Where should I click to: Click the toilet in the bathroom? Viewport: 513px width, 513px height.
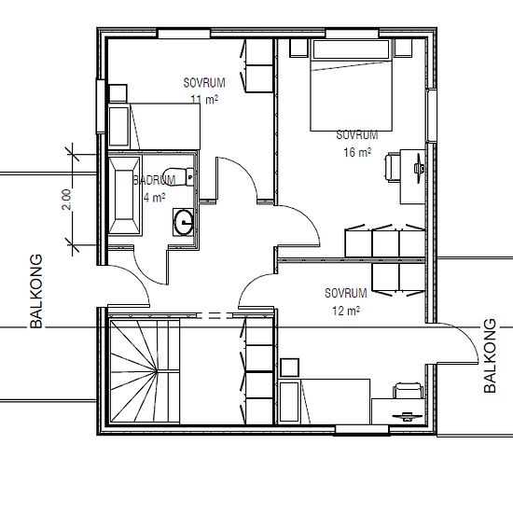(179, 176)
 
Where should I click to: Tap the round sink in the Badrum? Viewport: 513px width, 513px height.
(183, 222)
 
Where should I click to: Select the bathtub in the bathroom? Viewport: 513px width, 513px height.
(125, 196)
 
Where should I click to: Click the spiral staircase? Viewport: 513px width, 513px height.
(145, 371)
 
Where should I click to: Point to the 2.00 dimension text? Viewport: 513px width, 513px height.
(66, 200)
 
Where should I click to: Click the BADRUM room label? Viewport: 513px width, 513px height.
(155, 180)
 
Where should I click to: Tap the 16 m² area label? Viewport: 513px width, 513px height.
(357, 152)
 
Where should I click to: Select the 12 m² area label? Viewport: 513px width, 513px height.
(346, 311)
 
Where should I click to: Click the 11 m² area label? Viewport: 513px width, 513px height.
(204, 99)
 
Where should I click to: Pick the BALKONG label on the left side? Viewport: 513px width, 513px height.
(36, 291)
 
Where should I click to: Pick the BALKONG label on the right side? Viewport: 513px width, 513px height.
(490, 355)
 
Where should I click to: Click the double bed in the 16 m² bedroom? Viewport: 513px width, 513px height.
(351, 85)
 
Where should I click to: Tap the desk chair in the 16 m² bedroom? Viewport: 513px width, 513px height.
(393, 167)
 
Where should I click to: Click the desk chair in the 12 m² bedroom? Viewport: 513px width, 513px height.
(408, 390)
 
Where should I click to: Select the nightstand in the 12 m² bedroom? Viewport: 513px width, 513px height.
(289, 367)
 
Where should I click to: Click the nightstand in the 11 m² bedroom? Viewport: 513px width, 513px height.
(118, 93)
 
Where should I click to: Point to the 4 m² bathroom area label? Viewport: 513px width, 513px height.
(155, 198)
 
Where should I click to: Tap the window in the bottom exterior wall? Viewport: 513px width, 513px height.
(362, 430)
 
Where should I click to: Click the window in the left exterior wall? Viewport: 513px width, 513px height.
(101, 106)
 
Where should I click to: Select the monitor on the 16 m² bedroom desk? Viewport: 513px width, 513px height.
(420, 168)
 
